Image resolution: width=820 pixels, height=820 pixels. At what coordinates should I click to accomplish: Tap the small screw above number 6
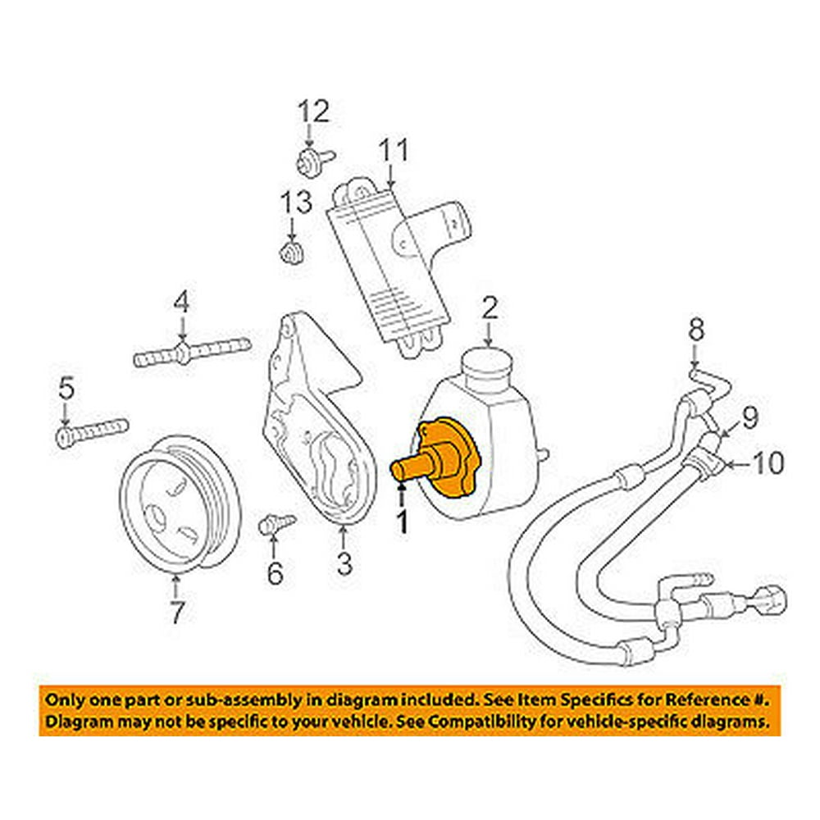click(273, 522)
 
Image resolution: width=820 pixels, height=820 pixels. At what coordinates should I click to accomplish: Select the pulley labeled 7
click(177, 508)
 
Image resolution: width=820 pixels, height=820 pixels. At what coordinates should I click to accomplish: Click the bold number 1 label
click(402, 521)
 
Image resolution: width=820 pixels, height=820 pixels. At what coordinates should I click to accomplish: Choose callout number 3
click(344, 564)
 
